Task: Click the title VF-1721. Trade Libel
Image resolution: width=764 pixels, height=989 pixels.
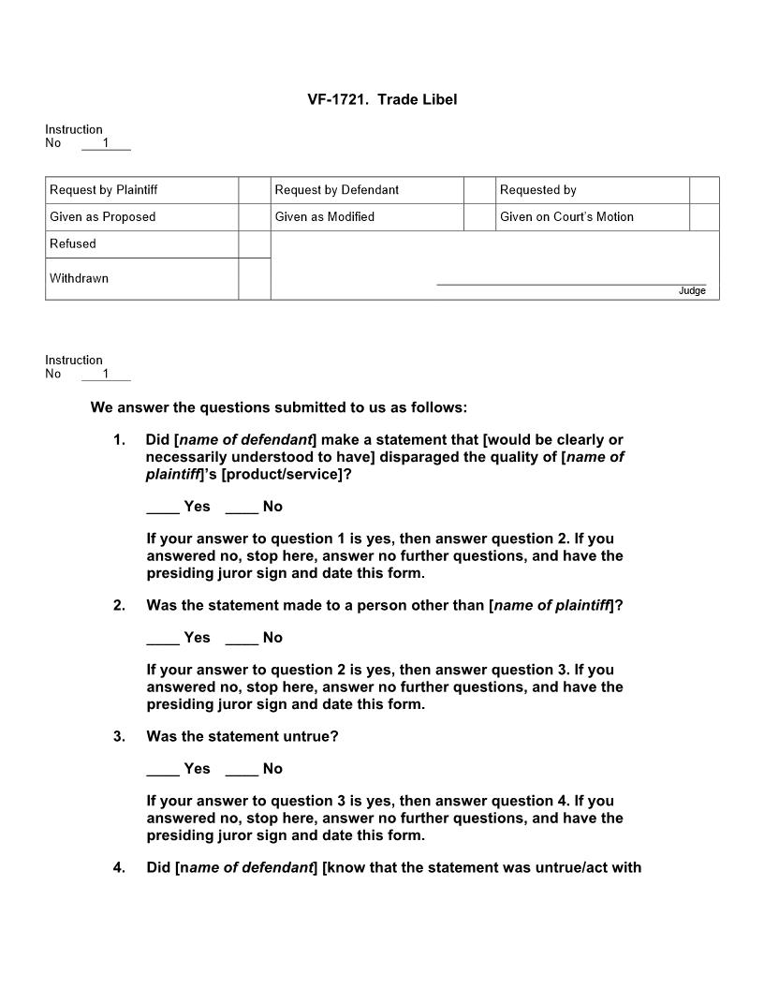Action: (x=382, y=99)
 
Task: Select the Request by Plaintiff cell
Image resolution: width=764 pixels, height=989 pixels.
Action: (x=104, y=190)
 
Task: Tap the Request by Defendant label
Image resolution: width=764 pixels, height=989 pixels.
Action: (x=336, y=190)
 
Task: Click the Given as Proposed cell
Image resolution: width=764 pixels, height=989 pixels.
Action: (x=103, y=217)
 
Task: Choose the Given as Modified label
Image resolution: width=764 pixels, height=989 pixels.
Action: (x=324, y=217)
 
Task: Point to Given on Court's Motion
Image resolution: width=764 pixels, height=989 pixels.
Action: (x=566, y=217)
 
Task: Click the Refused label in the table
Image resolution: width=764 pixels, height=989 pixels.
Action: (x=73, y=244)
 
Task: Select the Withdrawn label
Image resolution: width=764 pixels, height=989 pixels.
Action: (x=79, y=278)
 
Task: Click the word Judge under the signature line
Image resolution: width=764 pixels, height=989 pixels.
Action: (x=692, y=291)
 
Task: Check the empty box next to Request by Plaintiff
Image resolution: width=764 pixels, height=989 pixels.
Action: (x=254, y=190)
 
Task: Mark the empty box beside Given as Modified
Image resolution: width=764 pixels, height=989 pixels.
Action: (x=479, y=217)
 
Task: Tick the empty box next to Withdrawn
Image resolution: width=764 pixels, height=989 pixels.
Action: (x=254, y=279)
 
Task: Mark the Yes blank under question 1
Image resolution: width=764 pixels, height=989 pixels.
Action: (x=163, y=507)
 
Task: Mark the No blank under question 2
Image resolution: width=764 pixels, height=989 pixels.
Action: (x=242, y=638)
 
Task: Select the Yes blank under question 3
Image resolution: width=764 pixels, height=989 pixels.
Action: (x=163, y=769)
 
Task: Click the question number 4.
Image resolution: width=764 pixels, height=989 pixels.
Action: (x=119, y=868)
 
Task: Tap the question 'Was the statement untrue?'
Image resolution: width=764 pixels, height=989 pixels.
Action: (x=242, y=737)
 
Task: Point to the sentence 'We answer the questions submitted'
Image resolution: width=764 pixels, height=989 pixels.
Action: (x=278, y=408)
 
